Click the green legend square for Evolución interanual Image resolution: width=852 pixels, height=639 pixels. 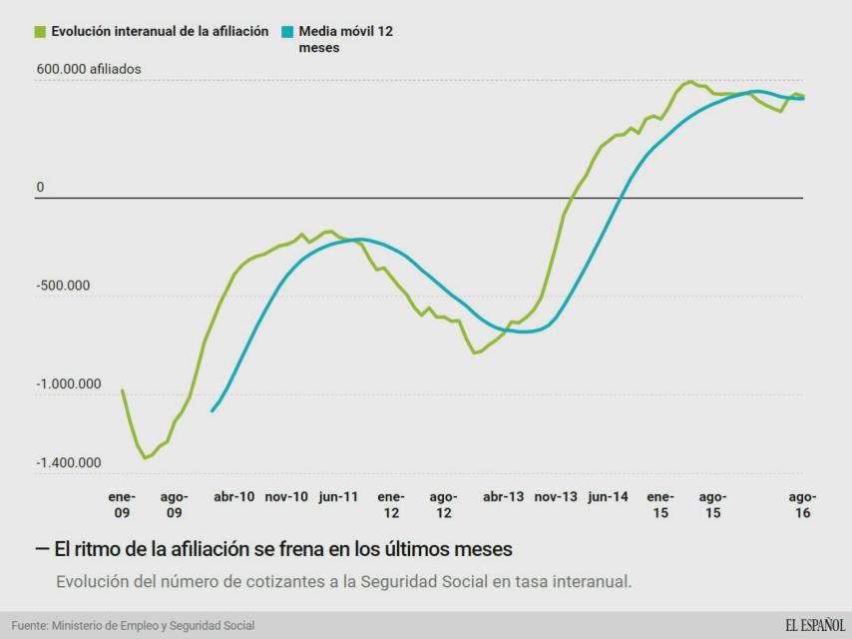(40, 32)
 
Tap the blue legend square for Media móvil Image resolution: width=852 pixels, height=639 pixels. (286, 32)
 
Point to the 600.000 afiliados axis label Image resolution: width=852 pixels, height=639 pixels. (89, 70)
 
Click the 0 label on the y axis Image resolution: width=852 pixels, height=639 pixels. (41, 188)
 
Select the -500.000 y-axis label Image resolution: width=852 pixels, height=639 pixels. (64, 286)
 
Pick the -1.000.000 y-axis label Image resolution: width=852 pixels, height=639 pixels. (70, 384)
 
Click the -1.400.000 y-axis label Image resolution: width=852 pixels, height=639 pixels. (70, 463)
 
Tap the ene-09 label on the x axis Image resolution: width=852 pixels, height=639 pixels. (122, 504)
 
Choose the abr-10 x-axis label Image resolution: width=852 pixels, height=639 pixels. (234, 496)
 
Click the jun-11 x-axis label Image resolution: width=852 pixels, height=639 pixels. (339, 496)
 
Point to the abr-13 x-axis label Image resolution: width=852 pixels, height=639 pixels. (503, 496)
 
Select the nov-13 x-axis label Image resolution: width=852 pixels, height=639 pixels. (556, 496)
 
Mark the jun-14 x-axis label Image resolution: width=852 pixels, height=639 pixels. (608, 496)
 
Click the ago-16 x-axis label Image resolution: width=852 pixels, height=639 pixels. (803, 504)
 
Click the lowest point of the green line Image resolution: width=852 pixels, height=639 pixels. (145, 458)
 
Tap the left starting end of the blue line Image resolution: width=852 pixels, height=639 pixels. (213, 410)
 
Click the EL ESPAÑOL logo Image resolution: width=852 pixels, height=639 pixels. (814, 625)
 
